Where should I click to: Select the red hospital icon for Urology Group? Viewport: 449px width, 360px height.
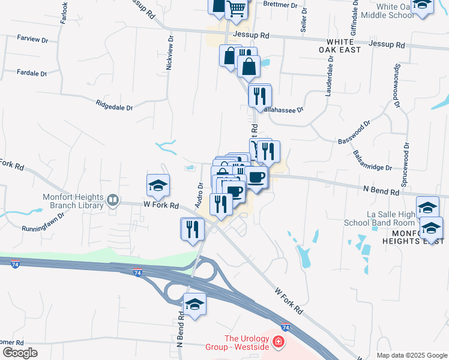278,342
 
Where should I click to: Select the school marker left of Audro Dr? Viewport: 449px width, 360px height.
158,185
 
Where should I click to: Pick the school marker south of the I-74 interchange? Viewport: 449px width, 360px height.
194,305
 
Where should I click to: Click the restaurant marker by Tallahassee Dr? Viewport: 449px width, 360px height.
259,96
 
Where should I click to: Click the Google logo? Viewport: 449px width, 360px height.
19,353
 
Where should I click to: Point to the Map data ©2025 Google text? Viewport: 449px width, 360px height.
411,355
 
